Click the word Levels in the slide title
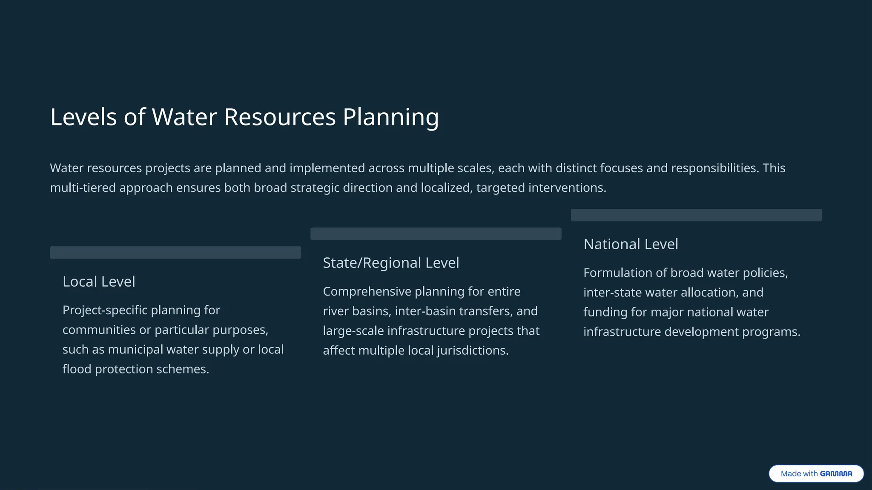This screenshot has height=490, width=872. [x=83, y=117]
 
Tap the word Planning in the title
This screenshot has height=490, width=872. [x=390, y=117]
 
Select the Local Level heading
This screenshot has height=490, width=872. [x=99, y=282]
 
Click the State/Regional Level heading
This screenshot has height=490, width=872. [x=391, y=263]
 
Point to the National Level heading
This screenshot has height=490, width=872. [x=631, y=244]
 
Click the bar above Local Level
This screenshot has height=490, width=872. [x=175, y=252]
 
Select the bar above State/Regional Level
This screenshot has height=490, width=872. [x=436, y=234]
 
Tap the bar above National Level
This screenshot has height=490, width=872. [x=696, y=215]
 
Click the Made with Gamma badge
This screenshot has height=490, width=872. [x=816, y=473]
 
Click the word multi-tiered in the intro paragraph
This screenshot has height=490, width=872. [x=83, y=188]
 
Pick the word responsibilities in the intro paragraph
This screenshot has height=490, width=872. [x=714, y=168]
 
